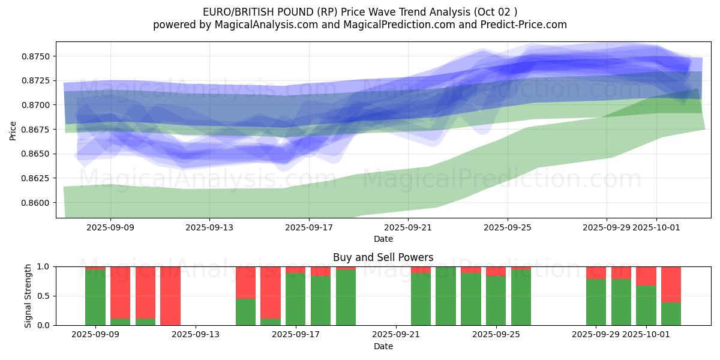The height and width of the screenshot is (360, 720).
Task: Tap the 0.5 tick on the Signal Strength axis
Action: coord(44,296)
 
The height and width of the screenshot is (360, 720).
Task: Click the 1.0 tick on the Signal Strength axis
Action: coord(44,266)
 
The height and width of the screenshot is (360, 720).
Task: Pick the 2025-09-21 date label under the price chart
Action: coord(408,227)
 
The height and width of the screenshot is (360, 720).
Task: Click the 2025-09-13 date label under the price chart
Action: coord(209,227)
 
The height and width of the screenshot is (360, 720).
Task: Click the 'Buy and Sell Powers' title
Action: coord(383,257)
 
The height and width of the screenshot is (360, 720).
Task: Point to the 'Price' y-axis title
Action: coord(13,130)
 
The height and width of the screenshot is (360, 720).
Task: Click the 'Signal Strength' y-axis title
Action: coord(28,296)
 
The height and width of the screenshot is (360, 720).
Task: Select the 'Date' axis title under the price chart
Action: coord(383,239)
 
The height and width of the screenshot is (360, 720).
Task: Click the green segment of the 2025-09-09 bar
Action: coord(95,297)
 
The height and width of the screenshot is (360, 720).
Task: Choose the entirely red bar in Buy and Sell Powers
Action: coord(170,296)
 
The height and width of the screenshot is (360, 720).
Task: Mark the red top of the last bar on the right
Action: coord(671,284)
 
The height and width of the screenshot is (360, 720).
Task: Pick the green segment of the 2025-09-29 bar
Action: coord(596,302)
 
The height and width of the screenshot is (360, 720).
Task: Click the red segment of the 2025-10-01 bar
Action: coord(646,276)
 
